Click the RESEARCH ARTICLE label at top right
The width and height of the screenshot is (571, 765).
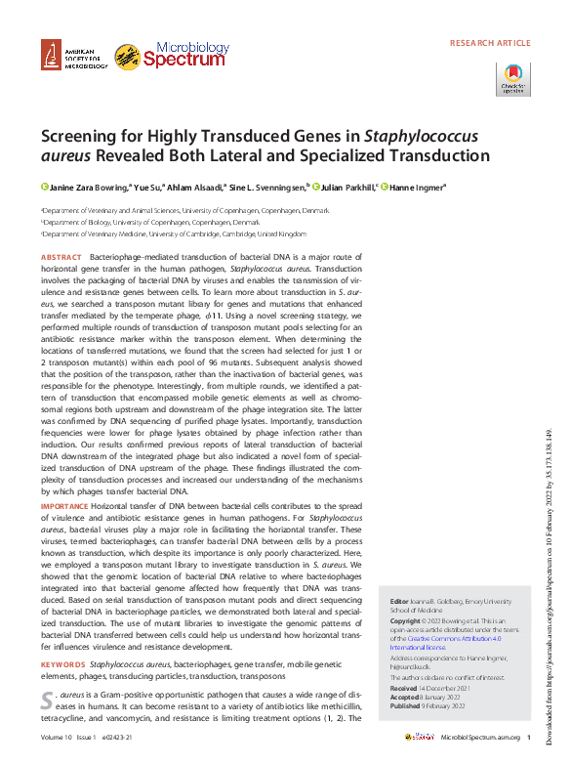pyautogui.click(x=490, y=43)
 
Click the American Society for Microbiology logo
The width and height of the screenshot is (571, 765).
pyautogui.click(x=72, y=58)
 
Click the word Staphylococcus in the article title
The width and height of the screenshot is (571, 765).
pyautogui.click(x=413, y=135)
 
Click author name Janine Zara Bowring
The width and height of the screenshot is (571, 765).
pyautogui.click(x=87, y=187)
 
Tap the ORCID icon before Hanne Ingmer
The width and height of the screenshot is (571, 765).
pyautogui.click(x=385, y=187)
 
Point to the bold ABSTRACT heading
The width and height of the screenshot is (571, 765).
pyautogui.click(x=61, y=256)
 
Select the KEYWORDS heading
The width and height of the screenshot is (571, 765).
pyautogui.click(x=63, y=664)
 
